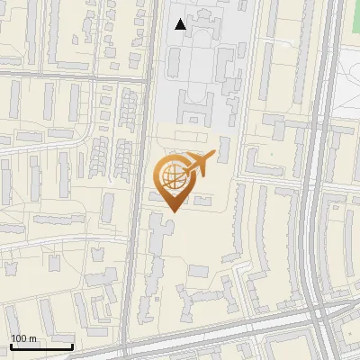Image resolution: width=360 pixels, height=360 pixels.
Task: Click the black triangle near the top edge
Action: [181, 24]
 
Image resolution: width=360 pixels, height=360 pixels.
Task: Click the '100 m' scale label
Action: [23, 338]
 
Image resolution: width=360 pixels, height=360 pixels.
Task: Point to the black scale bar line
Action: [41, 346]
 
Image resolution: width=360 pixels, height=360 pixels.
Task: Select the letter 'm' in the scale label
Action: [32, 338]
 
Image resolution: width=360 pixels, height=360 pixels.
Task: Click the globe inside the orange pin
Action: [172, 176]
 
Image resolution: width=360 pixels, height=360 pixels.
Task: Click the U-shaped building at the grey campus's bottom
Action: [196, 113]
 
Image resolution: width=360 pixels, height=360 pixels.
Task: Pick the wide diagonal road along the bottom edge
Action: [225, 328]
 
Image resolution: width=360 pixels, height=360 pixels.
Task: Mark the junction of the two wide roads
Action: [319, 310]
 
